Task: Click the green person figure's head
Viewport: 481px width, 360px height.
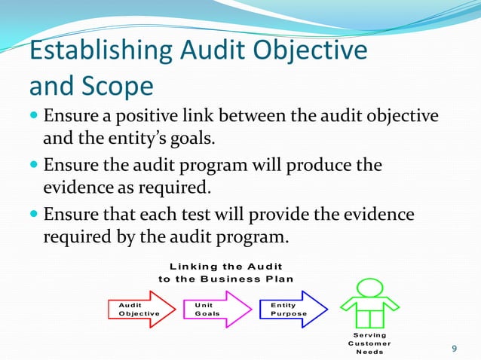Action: (x=369, y=287)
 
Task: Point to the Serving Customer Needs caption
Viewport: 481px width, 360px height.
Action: (x=369, y=343)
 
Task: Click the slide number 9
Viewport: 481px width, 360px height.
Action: (x=454, y=347)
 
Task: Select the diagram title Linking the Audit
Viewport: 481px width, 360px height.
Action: (x=226, y=267)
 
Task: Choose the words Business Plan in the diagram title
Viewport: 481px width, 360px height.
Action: (x=253, y=279)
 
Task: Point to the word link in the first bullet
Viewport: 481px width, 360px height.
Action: (x=204, y=117)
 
